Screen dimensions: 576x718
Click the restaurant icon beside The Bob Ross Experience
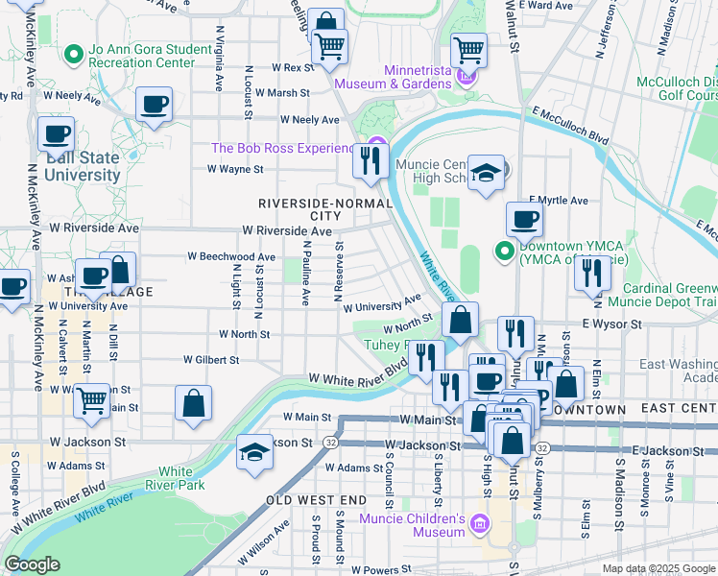pyautogui.click(x=369, y=161)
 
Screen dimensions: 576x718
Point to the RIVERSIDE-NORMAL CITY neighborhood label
pyautogui.click(x=299, y=209)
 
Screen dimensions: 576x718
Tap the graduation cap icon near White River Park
pyautogui.click(x=253, y=452)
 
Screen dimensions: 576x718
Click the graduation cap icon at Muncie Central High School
pyautogui.click(x=487, y=173)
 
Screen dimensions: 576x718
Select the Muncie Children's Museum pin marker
pyautogui.click(x=480, y=525)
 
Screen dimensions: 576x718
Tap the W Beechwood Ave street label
pyautogui.click(x=231, y=257)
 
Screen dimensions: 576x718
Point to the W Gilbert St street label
pyautogui.click(x=211, y=360)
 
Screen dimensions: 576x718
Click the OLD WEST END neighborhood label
pyautogui.click(x=316, y=500)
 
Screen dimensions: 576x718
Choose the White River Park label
pyautogui.click(x=175, y=478)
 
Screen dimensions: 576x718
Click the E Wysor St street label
pyautogui.click(x=610, y=325)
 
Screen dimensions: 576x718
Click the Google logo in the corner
pyautogui.click(x=32, y=564)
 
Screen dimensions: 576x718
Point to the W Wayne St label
pyautogui.click(x=235, y=169)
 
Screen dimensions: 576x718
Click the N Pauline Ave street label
pyautogui.click(x=306, y=274)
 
